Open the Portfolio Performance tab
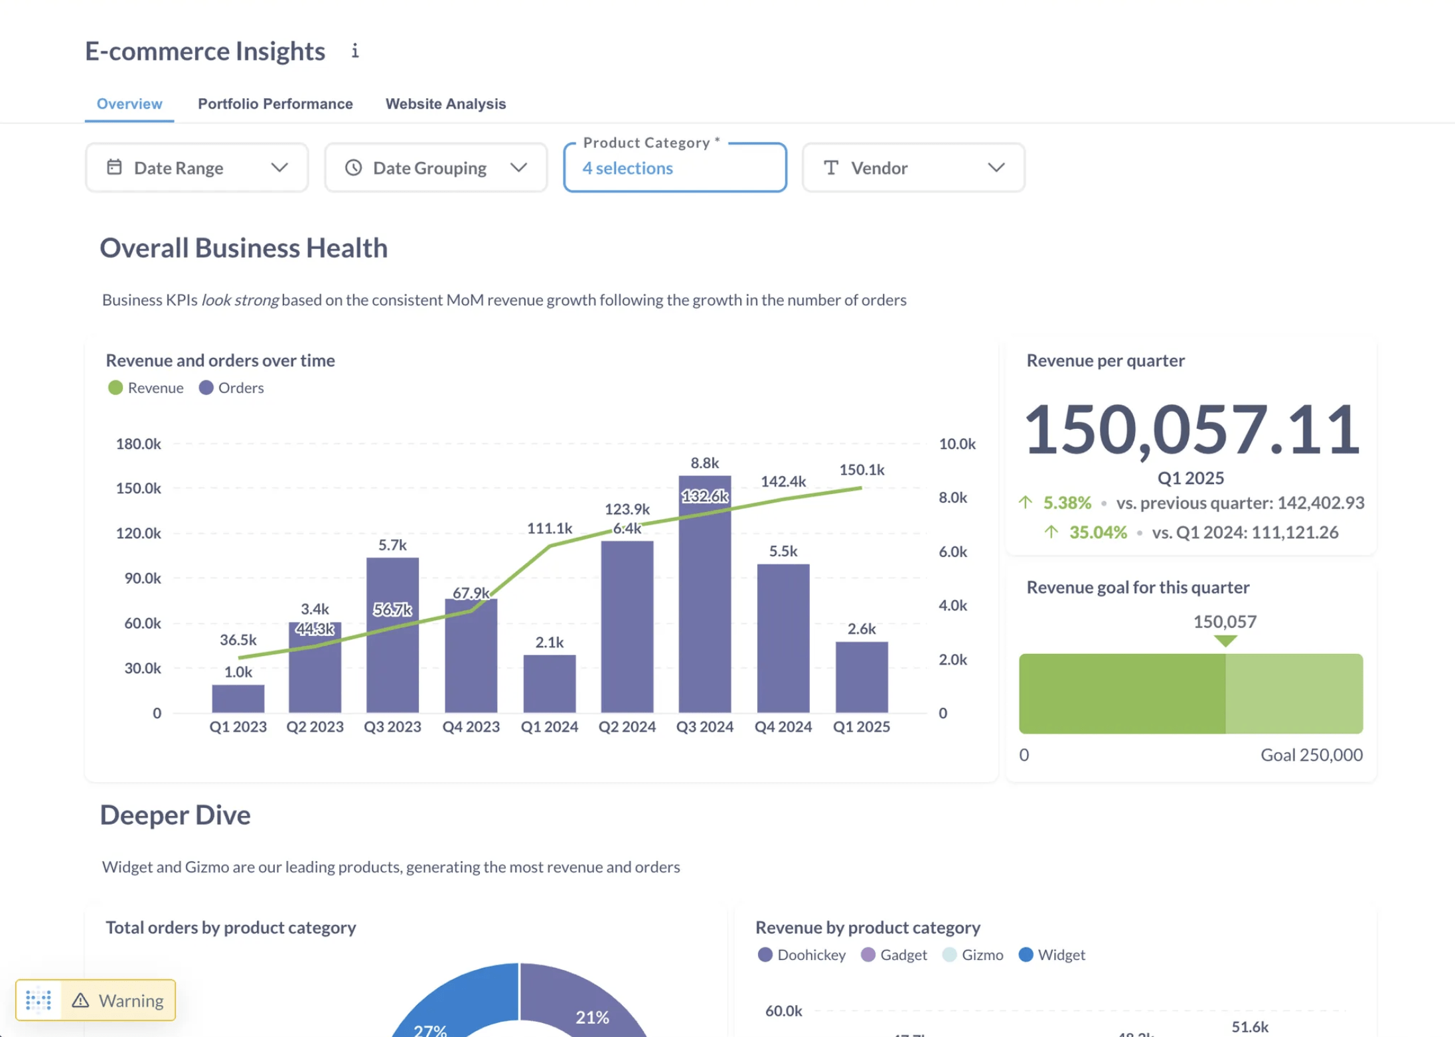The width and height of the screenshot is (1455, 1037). [275, 104]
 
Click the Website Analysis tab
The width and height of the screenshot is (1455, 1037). [445, 104]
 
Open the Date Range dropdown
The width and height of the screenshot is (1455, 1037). [196, 168]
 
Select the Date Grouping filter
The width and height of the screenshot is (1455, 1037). [435, 168]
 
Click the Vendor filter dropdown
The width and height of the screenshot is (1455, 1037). [913, 168]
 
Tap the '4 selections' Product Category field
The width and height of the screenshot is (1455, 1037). [674, 169]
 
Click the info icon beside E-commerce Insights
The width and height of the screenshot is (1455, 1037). [355, 51]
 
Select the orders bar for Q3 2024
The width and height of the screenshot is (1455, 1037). [704, 598]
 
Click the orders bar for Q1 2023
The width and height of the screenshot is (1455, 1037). [238, 698]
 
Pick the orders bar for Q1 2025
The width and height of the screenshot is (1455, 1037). [861, 677]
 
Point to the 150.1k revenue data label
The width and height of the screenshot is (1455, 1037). [861, 470]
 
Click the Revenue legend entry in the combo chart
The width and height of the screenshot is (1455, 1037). [146, 388]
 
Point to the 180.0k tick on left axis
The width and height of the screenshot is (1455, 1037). [138, 443]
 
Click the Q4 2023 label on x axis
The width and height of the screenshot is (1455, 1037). [471, 727]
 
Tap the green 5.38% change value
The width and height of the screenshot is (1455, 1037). [1067, 503]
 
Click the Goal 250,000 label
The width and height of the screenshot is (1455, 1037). [1311, 755]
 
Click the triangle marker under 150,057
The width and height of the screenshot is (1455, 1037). [1225, 641]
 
